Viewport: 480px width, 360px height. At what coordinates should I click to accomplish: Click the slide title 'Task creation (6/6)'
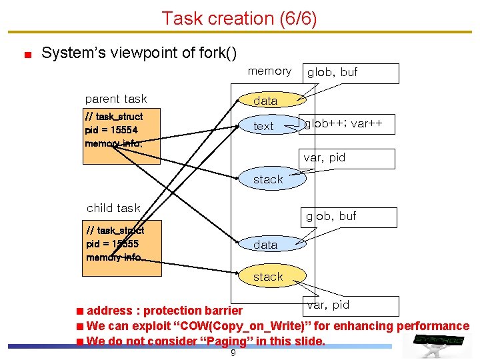[239, 18]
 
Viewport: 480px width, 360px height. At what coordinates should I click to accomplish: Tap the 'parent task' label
[116, 99]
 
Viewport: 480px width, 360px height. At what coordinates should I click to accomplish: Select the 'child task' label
[113, 208]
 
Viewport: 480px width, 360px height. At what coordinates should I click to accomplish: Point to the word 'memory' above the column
[269, 71]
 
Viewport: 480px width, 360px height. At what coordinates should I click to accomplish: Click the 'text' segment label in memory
[263, 126]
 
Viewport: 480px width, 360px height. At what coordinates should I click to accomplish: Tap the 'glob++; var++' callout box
[347, 124]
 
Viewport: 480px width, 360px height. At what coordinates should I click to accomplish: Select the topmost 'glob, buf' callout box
[351, 73]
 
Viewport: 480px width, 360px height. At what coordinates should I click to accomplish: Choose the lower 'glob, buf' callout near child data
[348, 217]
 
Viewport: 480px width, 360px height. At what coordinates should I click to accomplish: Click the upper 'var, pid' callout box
[348, 158]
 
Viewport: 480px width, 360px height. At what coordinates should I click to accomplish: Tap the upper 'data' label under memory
[265, 101]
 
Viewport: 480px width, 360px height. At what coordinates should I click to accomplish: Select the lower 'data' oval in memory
[265, 245]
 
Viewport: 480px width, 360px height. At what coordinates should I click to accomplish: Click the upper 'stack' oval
[268, 179]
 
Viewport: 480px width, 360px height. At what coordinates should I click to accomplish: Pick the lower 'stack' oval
[268, 277]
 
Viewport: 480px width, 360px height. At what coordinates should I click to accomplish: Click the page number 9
[233, 353]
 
